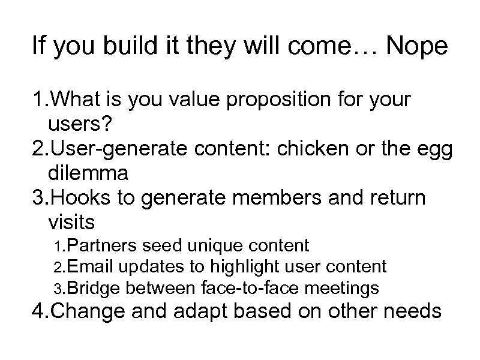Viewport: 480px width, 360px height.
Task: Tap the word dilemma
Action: coord(88,173)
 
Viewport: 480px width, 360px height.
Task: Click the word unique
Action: coord(214,245)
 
